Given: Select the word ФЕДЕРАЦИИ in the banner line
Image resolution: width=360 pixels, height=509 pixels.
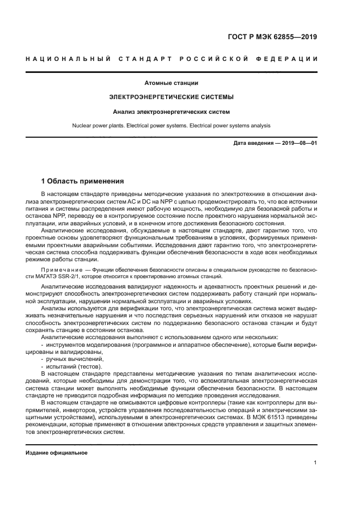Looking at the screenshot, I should (x=292, y=59).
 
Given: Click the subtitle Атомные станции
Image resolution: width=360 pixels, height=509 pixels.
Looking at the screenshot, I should (x=171, y=83).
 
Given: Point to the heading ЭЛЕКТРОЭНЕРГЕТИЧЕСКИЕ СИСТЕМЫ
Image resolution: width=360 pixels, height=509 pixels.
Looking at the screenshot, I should (x=171, y=97).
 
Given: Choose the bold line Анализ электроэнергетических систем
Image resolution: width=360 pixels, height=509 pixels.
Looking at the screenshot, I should (x=171, y=112).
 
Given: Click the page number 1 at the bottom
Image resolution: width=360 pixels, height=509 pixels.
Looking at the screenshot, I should (x=315, y=462).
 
